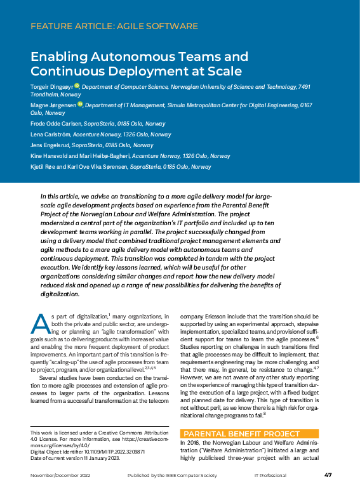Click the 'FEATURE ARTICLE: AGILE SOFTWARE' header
[114, 27]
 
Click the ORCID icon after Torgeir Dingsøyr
[77, 86]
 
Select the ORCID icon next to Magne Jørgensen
[81, 104]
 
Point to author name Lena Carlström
[52, 134]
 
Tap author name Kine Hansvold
[52, 156]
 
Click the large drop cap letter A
[39, 324]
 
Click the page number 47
[328, 475]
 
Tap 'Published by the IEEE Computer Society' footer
[164, 475]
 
